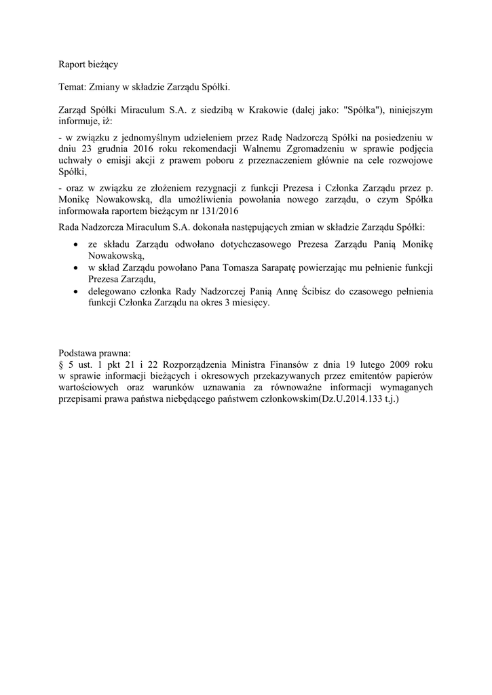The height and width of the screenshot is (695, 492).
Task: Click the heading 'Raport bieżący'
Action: pyautogui.click(x=89, y=65)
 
